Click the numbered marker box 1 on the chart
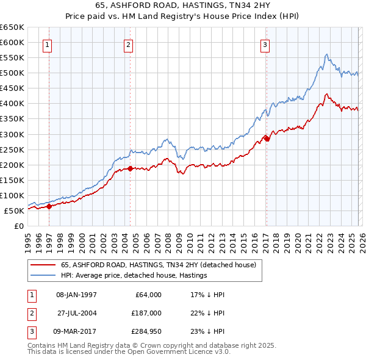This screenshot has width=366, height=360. coord(48,44)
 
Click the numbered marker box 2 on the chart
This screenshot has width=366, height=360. coord(129,44)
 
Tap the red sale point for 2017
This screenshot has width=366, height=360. coord(267,139)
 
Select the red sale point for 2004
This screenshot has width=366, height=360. coord(131,168)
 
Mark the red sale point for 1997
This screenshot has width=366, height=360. coord(49,206)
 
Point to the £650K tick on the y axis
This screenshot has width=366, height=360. coord(12,27)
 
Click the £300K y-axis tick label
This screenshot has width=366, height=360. coord(12,134)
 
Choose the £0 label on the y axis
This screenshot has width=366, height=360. coord(19,226)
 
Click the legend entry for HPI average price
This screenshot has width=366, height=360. coord(134,276)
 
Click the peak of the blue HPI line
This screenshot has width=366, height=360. coord(327,54)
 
